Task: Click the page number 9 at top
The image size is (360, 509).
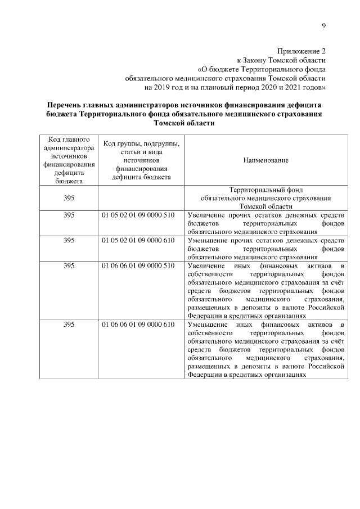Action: [323, 25]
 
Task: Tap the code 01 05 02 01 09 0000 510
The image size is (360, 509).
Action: [138, 215]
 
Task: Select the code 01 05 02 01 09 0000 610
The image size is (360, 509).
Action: [138, 240]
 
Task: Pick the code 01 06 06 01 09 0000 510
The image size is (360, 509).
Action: [138, 265]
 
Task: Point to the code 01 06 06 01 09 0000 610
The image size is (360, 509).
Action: [138, 325]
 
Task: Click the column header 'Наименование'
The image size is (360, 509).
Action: [265, 160]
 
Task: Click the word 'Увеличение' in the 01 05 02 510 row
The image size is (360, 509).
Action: [207, 215]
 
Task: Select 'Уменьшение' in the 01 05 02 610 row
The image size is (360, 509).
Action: [208, 240]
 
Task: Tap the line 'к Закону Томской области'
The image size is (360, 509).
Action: [281, 60]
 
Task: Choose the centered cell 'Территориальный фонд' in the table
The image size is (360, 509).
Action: [266, 190]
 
